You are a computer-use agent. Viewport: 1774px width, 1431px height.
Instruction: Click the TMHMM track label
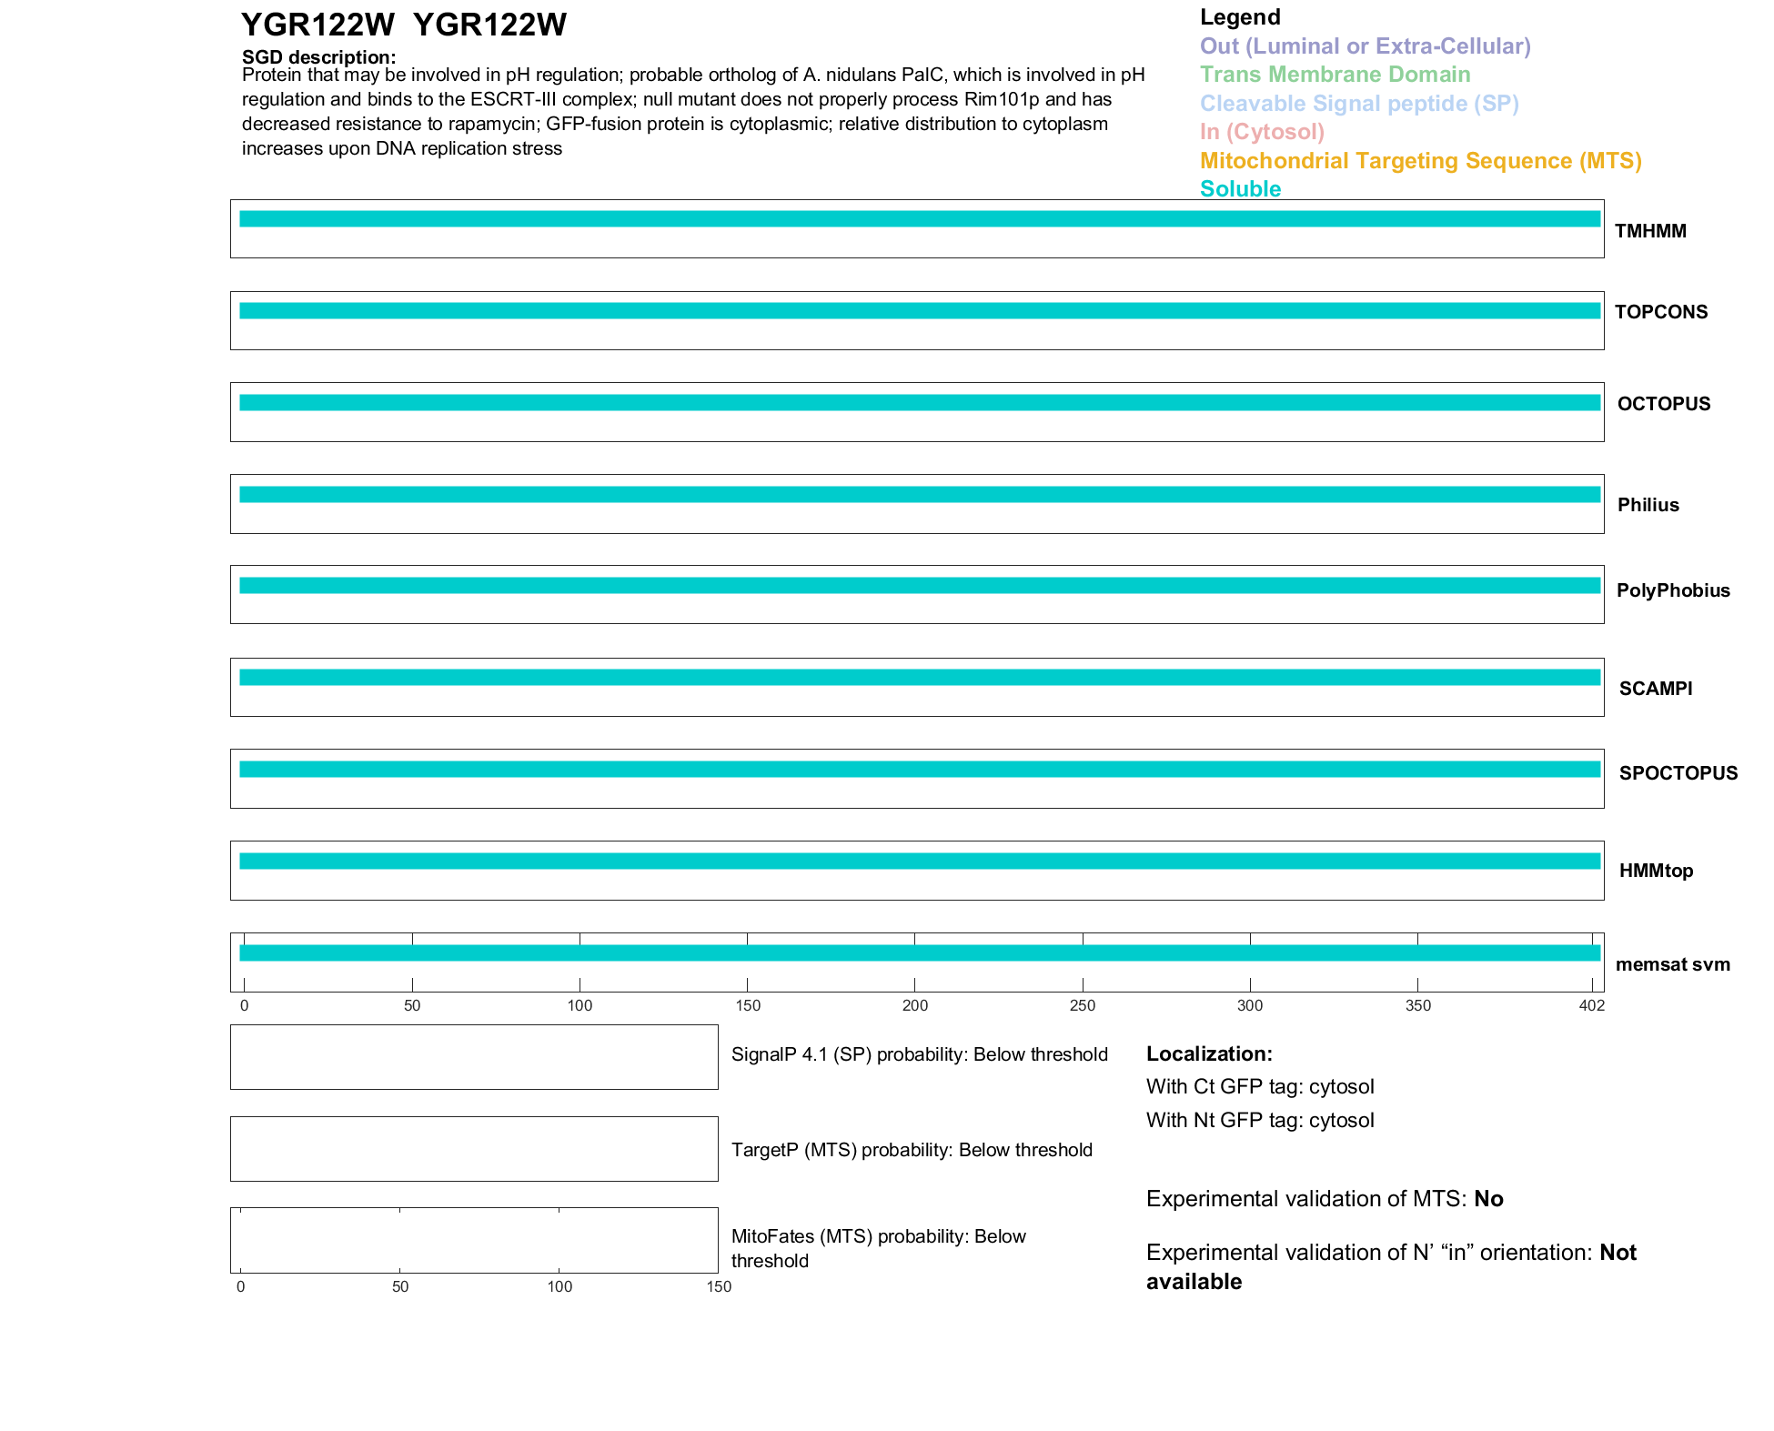1649,231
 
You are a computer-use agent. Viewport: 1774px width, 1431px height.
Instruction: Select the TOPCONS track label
1660,312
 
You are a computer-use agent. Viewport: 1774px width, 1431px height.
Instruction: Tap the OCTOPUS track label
1663,404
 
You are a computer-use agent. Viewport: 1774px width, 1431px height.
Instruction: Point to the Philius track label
1648,505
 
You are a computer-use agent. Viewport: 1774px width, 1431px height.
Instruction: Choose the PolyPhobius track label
1672,590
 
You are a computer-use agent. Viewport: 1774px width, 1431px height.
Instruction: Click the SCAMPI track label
1655,689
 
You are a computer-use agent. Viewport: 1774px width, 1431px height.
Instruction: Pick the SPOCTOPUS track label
1678,773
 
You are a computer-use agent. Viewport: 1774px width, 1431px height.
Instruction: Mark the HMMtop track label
1656,871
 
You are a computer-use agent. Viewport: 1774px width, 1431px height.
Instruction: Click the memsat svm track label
1672,964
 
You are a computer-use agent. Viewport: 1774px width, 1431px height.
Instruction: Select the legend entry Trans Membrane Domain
1335,75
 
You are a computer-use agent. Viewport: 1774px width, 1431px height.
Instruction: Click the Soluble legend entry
1240,189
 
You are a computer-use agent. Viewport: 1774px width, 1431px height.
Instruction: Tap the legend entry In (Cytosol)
1262,132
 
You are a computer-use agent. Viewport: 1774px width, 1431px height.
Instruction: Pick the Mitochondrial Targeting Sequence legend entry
1420,161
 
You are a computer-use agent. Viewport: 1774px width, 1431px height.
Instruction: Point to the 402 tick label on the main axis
1591,1005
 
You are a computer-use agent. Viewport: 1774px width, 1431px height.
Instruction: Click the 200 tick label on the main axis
914,1005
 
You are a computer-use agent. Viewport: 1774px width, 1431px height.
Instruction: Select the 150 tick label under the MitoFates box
719,1286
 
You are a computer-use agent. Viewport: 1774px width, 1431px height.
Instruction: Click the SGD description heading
318,57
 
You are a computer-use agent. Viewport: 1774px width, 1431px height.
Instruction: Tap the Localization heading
1208,1053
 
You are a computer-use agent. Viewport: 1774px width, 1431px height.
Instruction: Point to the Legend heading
1239,17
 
